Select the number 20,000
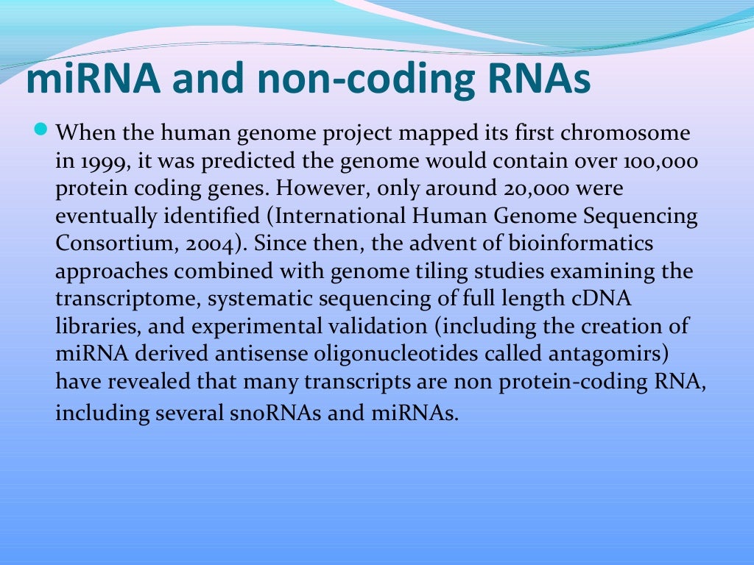[525, 189]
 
